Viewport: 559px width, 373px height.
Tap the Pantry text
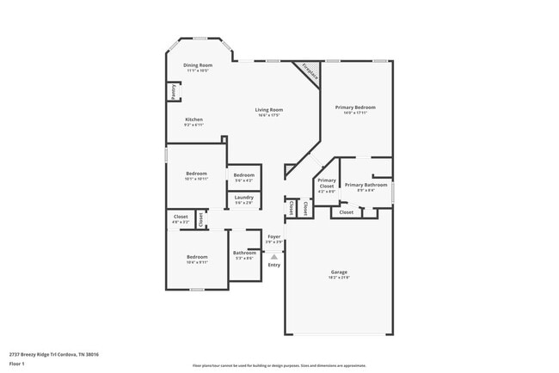(x=172, y=91)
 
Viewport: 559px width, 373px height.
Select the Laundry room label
(x=244, y=199)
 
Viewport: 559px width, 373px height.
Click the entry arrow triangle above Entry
(x=273, y=256)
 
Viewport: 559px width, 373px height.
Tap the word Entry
(x=273, y=265)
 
